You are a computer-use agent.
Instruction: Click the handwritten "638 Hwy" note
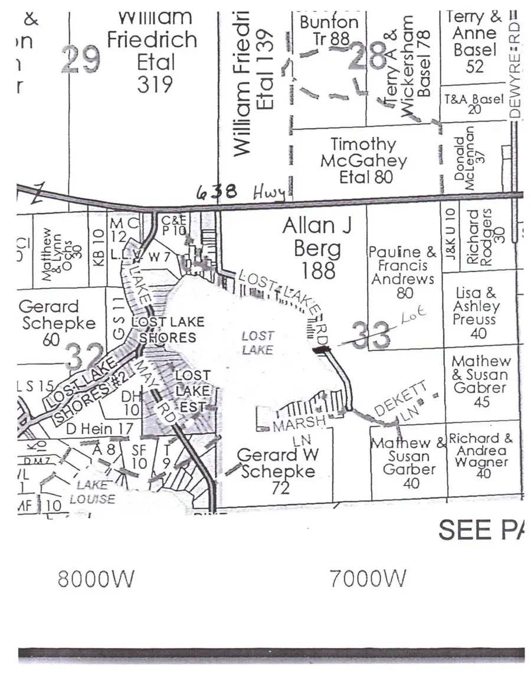241,191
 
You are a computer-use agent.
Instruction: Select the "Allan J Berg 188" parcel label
312,248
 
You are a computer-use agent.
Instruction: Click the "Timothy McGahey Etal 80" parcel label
363,161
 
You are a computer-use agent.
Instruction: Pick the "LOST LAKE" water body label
258,343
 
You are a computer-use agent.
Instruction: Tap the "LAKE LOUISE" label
93,491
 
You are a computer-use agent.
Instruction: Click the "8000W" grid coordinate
96,579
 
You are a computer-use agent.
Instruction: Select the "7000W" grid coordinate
368,579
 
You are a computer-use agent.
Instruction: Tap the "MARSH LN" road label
299,431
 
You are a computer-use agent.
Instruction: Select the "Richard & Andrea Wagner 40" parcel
483,456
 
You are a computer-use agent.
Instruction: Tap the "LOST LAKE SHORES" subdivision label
168,329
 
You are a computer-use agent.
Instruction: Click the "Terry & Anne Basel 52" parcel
474,41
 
